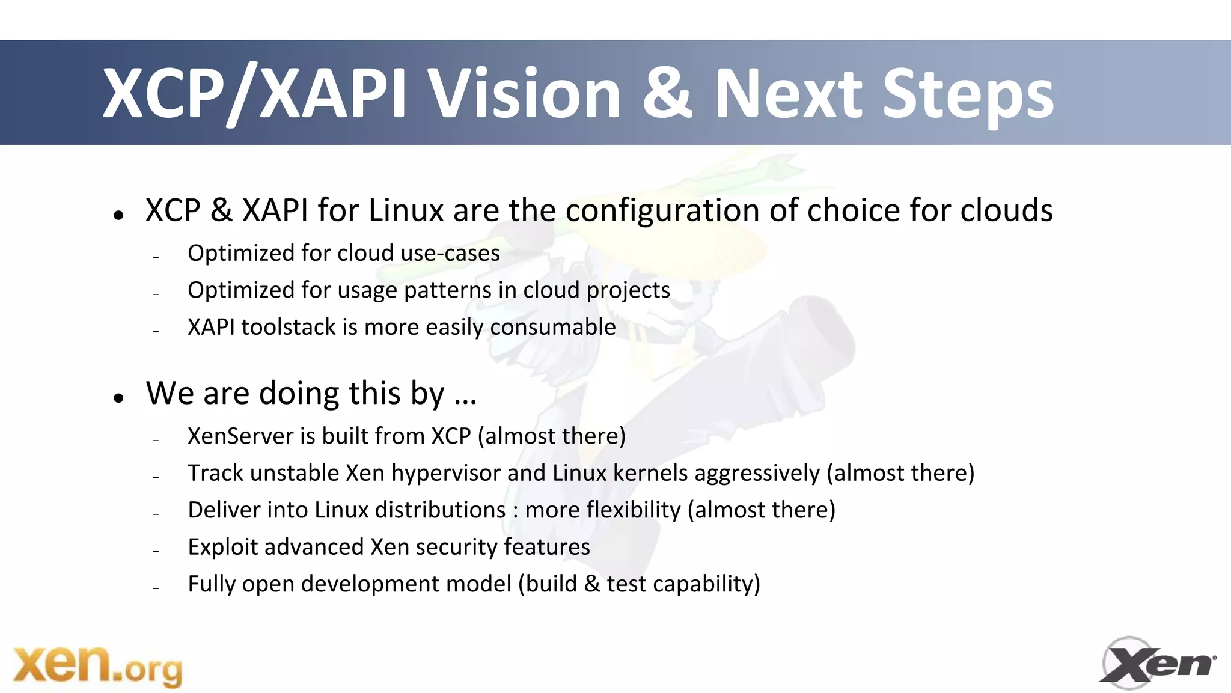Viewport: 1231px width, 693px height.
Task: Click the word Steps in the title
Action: pyautogui.click(x=967, y=95)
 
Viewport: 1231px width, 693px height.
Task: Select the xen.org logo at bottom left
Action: pyautogui.click(x=97, y=666)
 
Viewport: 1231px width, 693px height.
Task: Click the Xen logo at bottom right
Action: pyautogui.click(x=1157, y=663)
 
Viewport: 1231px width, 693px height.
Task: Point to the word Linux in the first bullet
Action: pyautogui.click(x=406, y=210)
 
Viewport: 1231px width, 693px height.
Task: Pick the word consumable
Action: pyautogui.click(x=553, y=327)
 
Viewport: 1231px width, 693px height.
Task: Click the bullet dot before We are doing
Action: pyautogui.click(x=118, y=397)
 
